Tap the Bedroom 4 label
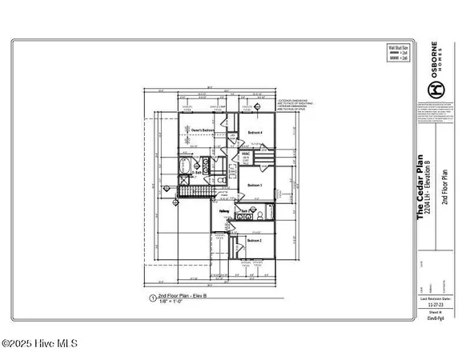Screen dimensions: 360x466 pos(255,132)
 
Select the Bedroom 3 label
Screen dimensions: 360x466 pos(255,185)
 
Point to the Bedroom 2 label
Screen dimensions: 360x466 pos(255,241)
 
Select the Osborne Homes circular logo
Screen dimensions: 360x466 pos(435,88)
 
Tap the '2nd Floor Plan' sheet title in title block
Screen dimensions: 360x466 pos(444,179)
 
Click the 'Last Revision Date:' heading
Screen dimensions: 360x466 pos(435,298)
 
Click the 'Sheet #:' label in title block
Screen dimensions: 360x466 pos(435,313)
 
